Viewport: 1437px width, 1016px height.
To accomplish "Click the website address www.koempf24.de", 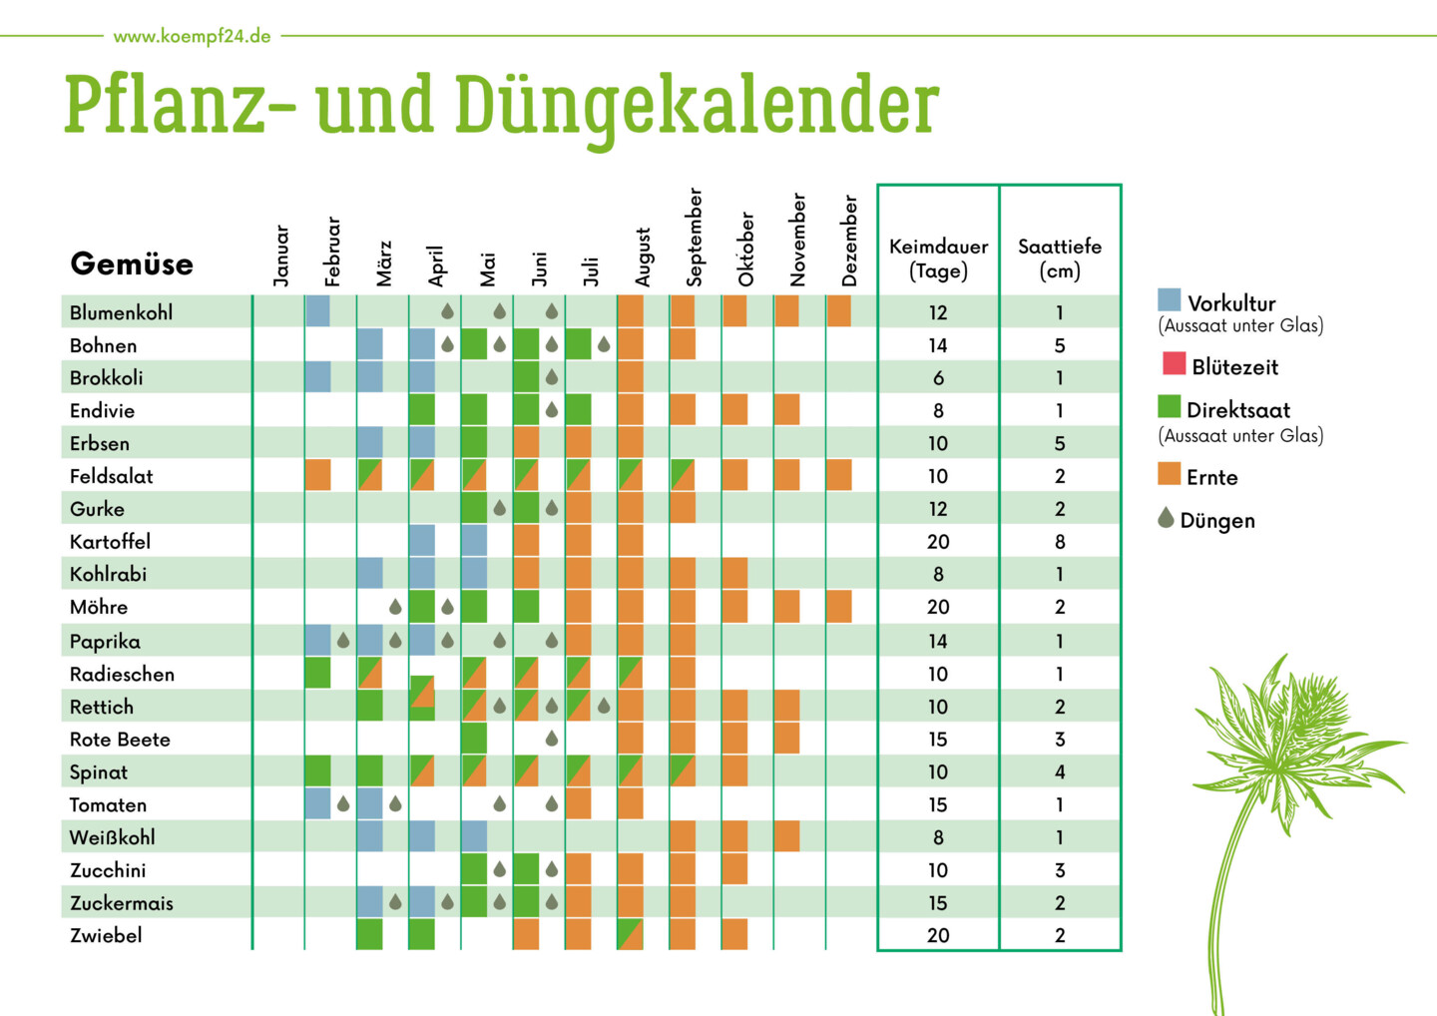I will click(192, 37).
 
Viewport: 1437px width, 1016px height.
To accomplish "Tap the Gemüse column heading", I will click(132, 264).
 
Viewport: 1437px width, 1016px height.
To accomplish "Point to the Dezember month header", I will click(850, 242).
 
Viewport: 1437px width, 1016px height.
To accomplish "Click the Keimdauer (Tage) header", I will click(938, 258).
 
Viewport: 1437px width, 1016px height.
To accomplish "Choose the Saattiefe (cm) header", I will click(1060, 258).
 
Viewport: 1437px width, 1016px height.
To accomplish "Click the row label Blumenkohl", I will click(121, 312).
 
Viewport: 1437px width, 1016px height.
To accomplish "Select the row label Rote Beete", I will click(120, 740).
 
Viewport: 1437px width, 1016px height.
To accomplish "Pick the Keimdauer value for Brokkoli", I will click(938, 378).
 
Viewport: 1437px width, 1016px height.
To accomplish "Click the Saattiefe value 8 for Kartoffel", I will click(1060, 542).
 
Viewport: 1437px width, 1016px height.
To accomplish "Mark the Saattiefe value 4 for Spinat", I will click(1060, 772).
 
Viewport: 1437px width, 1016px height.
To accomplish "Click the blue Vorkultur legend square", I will click(1170, 299).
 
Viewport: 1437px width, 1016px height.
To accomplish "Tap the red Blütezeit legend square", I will click(1174, 363).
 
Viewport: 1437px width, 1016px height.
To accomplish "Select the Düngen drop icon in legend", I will click(1166, 517).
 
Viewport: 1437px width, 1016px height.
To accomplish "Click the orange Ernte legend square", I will click(1169, 473).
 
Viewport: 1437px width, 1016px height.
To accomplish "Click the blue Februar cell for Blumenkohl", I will click(317, 311).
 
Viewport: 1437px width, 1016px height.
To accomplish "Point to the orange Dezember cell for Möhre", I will click(839, 607).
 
